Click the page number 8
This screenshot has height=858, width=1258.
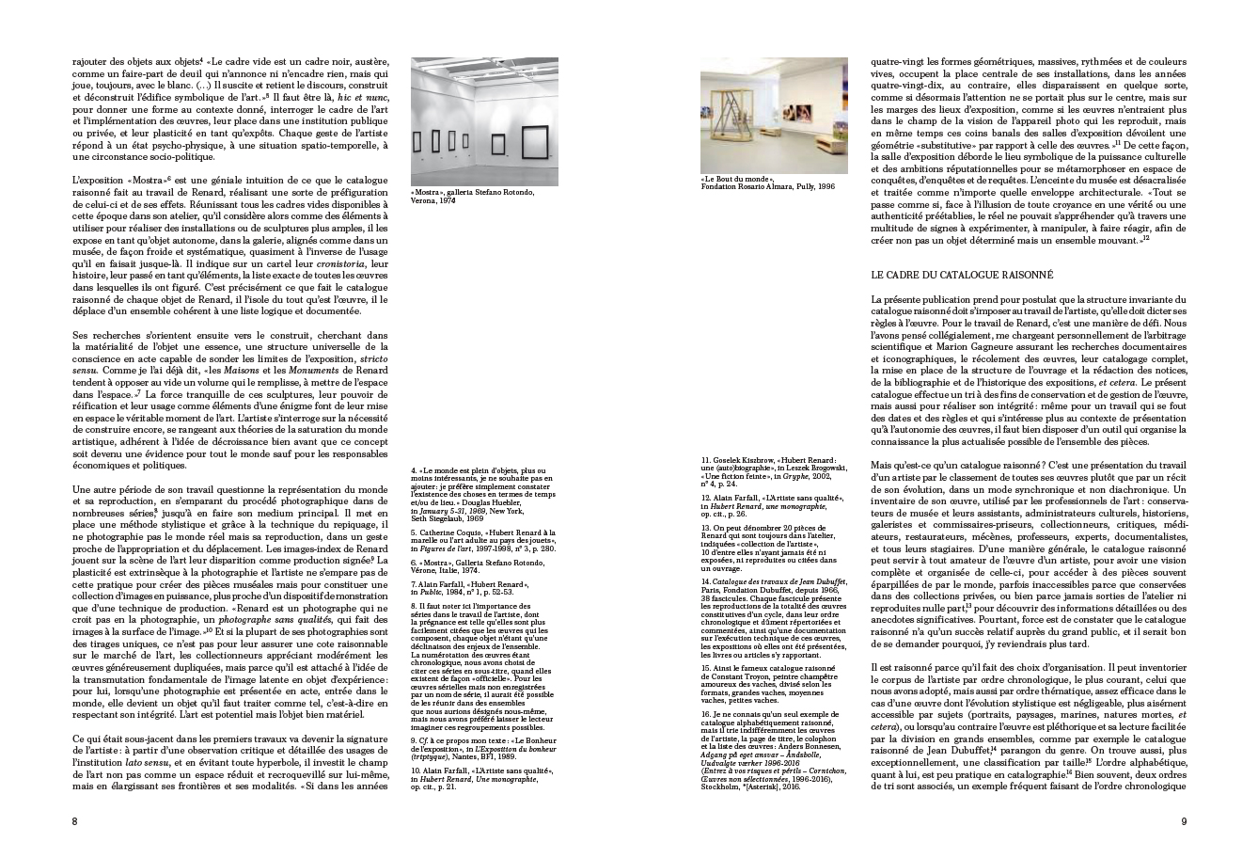(x=74, y=821)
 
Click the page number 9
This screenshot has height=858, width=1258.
(x=1184, y=821)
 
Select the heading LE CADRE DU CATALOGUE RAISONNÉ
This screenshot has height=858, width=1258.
(x=963, y=275)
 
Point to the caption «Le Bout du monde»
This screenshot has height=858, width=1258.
(x=737, y=179)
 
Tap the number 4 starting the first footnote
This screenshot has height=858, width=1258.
(x=414, y=470)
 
